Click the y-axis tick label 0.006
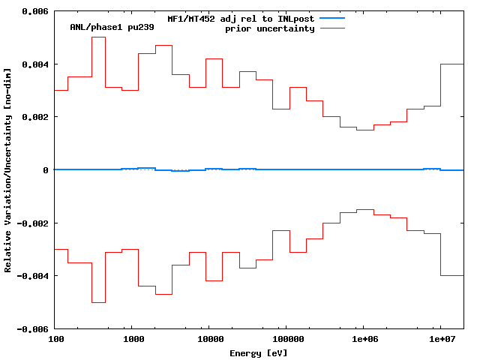coord(34,12)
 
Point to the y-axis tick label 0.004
coord(34,64)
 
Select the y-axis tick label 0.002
coord(34,118)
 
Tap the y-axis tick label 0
coord(46,170)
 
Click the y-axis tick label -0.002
coord(32,223)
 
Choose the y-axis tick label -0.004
coord(32,276)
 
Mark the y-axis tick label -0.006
coord(32,329)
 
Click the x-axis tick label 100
coord(55,340)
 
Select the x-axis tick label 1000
coord(133,340)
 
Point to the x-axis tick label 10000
coord(209,340)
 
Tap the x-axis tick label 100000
coord(286,340)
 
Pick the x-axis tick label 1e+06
coord(364,340)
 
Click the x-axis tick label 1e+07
coord(441,340)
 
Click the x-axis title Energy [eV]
coord(259,352)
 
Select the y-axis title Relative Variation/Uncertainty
coord(8,170)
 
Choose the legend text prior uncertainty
coord(269,28)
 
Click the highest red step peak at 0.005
coord(98,37)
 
